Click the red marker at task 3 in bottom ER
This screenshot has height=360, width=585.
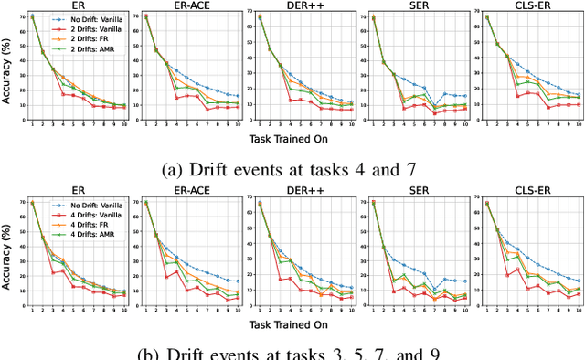(53, 272)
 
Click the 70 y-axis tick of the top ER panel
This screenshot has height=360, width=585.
(24, 16)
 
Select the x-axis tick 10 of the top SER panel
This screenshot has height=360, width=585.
(465, 125)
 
